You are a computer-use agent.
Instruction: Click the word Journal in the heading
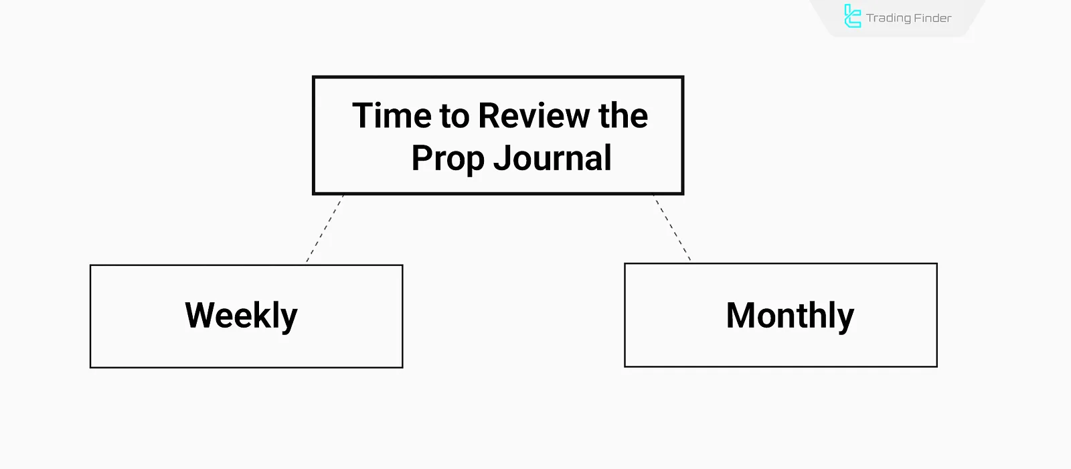552,158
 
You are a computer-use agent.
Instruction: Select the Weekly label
241,316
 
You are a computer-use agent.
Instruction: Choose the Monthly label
790,316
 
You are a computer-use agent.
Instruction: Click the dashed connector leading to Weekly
325,228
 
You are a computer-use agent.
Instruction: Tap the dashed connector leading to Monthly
672,228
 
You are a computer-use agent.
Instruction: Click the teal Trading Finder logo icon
852,17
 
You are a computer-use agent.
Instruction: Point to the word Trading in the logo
888,18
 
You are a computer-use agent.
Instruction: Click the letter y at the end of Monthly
846,319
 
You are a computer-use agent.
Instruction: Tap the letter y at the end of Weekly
289,319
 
